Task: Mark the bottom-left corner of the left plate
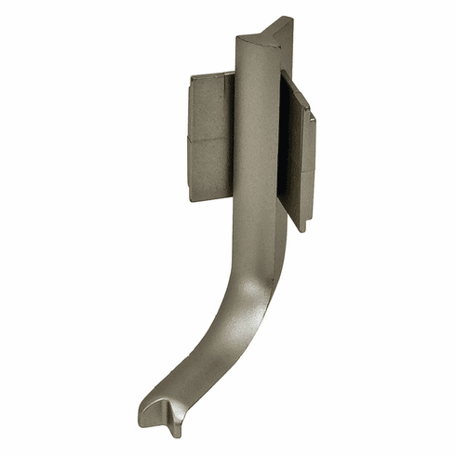pyautogui.click(x=191, y=200)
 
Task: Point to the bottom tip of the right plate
pyautogui.click(x=302, y=229)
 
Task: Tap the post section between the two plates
pyautogui.click(x=257, y=140)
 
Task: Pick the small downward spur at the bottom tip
pyautogui.click(x=176, y=431)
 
